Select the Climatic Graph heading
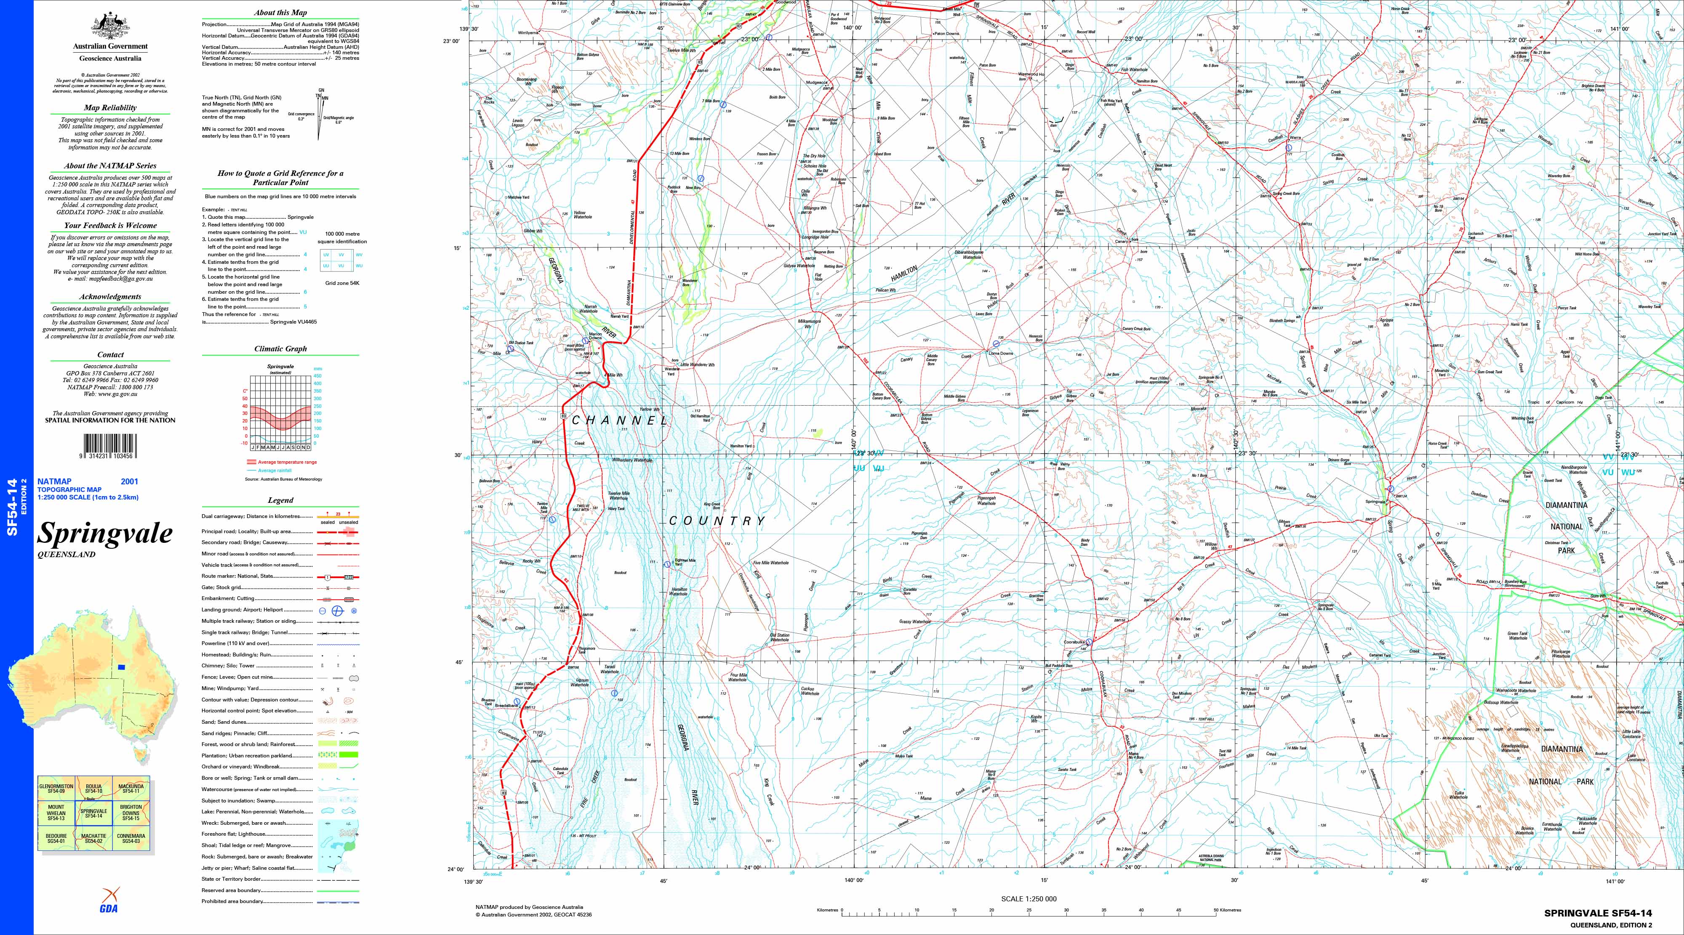(x=280, y=349)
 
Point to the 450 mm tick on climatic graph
(x=318, y=376)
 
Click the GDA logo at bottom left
(x=109, y=901)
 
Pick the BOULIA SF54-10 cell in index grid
(x=93, y=788)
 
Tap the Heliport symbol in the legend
(x=353, y=610)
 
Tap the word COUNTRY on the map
(x=717, y=521)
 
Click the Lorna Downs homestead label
(x=1000, y=353)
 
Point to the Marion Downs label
(x=595, y=336)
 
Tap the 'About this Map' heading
(x=280, y=13)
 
